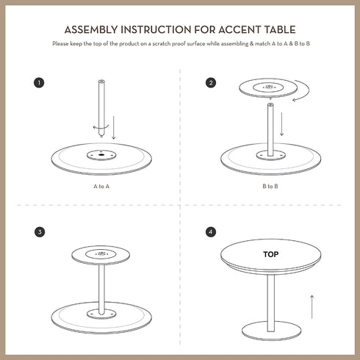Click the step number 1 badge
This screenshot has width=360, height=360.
click(x=40, y=82)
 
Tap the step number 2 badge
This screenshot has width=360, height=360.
click(x=211, y=82)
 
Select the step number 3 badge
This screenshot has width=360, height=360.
click(x=40, y=231)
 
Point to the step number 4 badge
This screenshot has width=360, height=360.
click(x=211, y=231)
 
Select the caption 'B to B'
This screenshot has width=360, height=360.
click(x=270, y=187)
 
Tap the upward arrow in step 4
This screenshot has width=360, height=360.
click(x=312, y=306)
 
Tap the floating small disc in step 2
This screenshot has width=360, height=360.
click(x=269, y=88)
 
